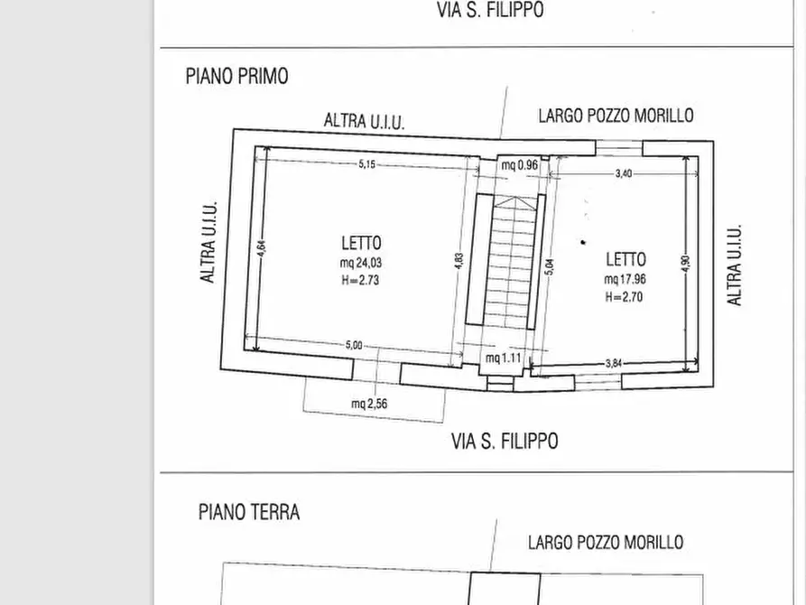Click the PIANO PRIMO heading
click(x=236, y=76)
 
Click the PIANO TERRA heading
click(x=248, y=512)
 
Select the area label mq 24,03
click(x=360, y=263)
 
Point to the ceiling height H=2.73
click(x=360, y=280)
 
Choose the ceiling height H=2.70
click(x=624, y=296)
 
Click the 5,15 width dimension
click(x=366, y=164)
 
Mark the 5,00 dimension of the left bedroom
click(x=354, y=345)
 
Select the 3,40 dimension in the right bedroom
click(x=623, y=173)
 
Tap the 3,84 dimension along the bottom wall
click(x=613, y=363)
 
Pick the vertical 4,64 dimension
click(x=261, y=250)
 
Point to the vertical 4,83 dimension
click(x=459, y=261)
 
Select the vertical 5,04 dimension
click(x=550, y=268)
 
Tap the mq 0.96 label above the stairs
click(x=520, y=164)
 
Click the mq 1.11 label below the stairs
click(x=504, y=358)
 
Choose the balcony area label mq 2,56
click(x=369, y=404)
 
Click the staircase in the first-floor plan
click(x=510, y=262)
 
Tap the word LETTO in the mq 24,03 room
click(x=361, y=243)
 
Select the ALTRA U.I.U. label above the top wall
click(x=364, y=121)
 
